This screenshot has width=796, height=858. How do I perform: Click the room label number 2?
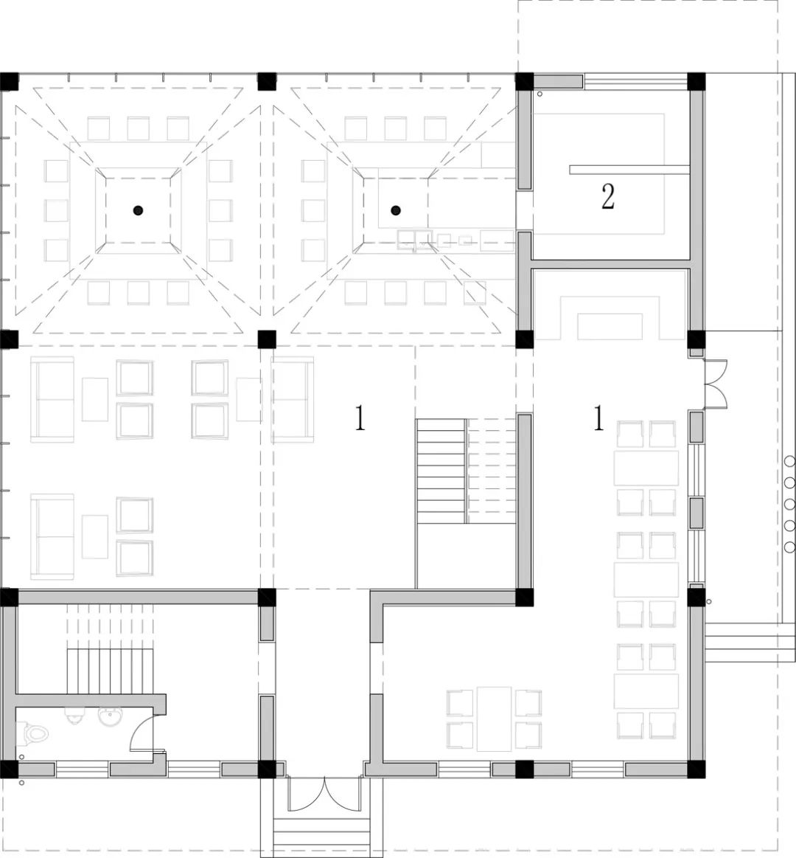coord(607,197)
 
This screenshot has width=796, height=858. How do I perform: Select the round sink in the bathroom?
coord(111,717)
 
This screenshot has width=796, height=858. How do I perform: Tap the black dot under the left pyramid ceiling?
coord(139,210)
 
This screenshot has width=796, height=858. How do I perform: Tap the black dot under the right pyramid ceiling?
coord(396,210)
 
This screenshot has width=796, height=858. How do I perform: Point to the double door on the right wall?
coord(716,384)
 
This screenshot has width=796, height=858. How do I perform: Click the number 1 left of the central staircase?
coord(360,418)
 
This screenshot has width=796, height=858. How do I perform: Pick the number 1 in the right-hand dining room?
coord(598,418)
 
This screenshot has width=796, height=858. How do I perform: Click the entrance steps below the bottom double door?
coord(321,837)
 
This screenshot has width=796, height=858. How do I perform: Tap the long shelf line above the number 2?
coord(629,170)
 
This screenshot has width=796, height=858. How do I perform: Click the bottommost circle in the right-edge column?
coord(789,547)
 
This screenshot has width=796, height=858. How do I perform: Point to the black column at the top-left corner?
coord(10,82)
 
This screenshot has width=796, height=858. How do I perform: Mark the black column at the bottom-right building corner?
coord(696,769)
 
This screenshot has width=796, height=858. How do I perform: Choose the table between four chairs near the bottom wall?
coord(495,719)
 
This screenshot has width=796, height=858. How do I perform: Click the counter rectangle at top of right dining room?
coord(610,326)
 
